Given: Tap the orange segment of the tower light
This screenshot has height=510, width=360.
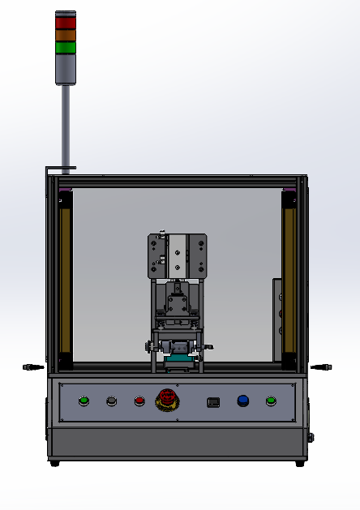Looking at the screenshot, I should (66, 35).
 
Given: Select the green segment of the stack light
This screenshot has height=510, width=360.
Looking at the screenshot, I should (66, 47).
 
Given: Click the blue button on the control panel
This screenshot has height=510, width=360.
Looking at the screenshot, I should (242, 401).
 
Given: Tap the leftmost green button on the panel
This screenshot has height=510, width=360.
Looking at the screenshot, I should (84, 401).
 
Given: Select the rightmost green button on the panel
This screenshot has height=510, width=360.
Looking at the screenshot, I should (271, 401).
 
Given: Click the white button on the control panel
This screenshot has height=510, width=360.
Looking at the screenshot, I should (111, 401).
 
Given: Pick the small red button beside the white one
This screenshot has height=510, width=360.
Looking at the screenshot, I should (139, 401).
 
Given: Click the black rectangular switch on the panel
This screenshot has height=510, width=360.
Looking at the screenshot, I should (214, 401).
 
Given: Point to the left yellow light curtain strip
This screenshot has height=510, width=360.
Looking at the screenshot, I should (66, 276).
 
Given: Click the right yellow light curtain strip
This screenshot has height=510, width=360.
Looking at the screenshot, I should (288, 276).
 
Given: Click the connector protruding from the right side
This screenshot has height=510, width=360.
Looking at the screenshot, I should (322, 367).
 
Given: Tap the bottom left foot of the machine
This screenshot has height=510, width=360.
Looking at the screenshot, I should (54, 463).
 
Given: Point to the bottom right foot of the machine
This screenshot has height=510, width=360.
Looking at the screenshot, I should (300, 463).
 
